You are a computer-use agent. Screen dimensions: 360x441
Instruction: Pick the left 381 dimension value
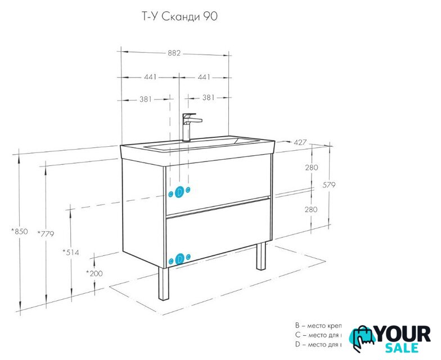[146, 99]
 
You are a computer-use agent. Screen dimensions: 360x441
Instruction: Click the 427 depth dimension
[300, 142]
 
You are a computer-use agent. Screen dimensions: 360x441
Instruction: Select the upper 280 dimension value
[311, 168]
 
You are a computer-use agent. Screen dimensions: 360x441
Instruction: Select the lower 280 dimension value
[311, 209]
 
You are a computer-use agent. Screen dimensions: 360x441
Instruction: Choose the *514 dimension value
[70, 252]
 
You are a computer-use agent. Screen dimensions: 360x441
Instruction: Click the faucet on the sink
[189, 126]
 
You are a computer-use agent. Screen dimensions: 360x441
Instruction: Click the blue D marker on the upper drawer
[179, 192]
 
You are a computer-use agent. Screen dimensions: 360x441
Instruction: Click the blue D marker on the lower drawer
[179, 259]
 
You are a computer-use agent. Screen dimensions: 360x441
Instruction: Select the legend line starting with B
[318, 326]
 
